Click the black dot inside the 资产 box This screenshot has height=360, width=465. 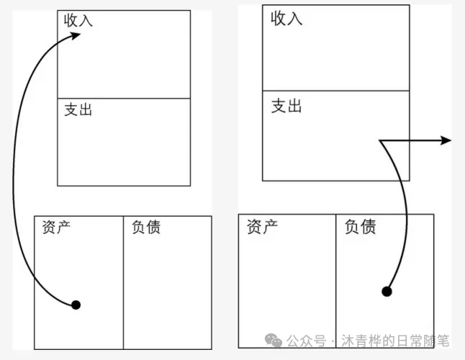[x=76, y=305]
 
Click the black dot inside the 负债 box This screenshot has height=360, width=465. [x=387, y=291]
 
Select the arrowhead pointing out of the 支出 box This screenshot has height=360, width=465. [x=446, y=140]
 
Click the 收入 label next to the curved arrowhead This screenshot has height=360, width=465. [x=78, y=20]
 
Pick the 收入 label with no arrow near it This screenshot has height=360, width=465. [x=286, y=19]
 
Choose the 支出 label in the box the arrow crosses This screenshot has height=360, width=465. [x=286, y=107]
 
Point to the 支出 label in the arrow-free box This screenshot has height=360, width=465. [x=78, y=110]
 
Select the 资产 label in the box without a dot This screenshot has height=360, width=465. [x=262, y=228]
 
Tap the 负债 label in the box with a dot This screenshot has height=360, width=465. [x=361, y=228]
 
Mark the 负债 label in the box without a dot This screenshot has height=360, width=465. [x=146, y=228]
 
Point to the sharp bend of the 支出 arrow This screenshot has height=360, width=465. [x=382, y=141]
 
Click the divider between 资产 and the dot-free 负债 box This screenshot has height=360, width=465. [x=123, y=281]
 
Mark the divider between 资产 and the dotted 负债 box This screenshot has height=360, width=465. [x=336, y=281]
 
